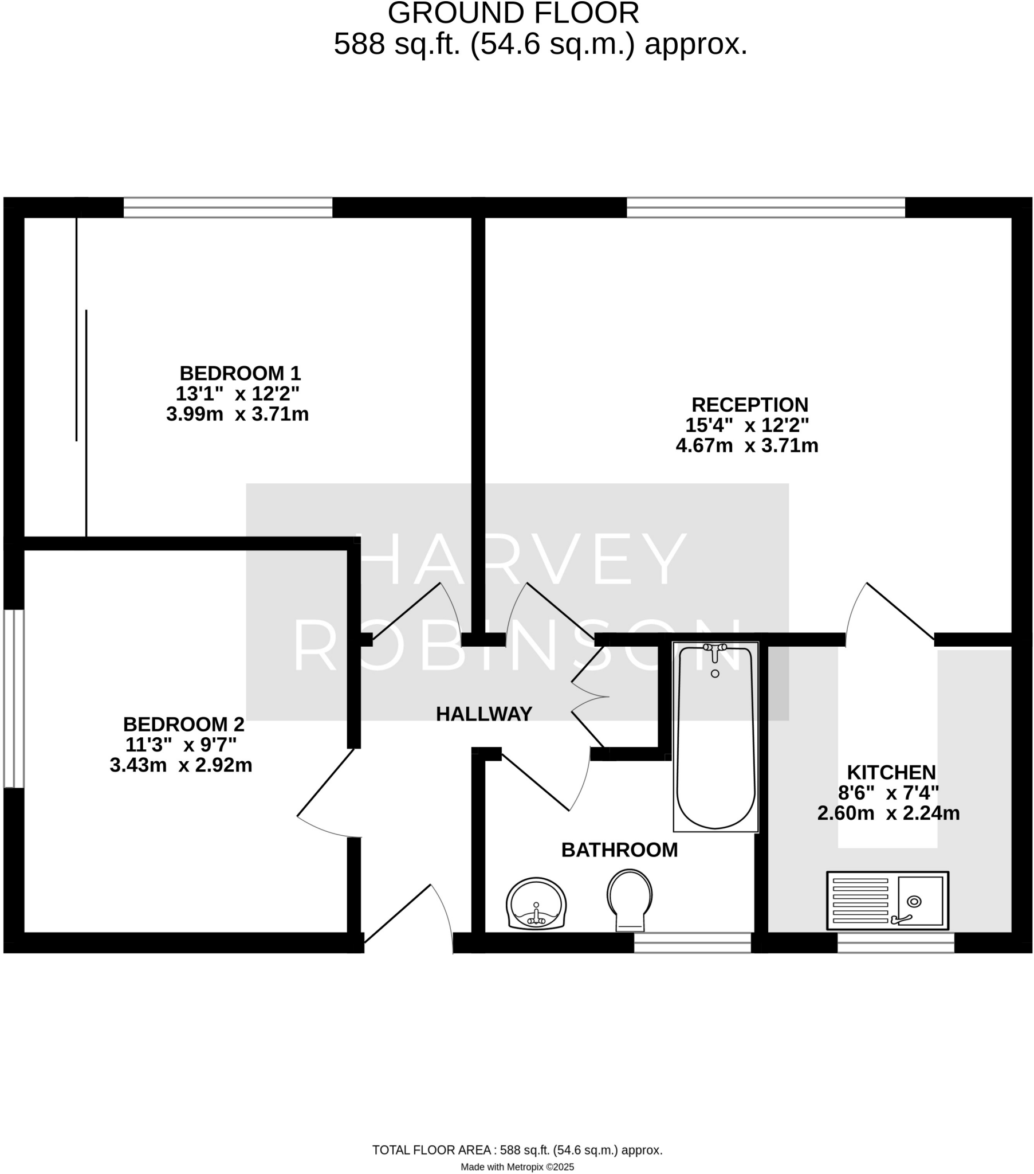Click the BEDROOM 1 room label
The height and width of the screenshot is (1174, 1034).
coord(240,373)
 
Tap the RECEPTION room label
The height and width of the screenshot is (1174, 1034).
coord(749,404)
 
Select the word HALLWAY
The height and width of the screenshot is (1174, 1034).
coord(484,714)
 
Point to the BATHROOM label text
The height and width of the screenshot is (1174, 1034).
coord(619,850)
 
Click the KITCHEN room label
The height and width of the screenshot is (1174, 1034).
coord(891,772)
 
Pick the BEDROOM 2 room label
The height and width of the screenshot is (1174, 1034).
coord(184,723)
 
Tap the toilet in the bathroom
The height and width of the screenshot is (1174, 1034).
coord(629,899)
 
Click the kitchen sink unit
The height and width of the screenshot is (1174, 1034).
coord(887,900)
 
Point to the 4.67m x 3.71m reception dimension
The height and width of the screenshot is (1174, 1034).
coord(746,445)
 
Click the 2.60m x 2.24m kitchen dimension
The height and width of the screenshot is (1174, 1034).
coord(888,813)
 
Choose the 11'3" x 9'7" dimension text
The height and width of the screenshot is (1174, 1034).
coord(181,745)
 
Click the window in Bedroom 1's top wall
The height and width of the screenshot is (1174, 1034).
coord(228,208)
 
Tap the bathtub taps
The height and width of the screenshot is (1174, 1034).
coord(715,648)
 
